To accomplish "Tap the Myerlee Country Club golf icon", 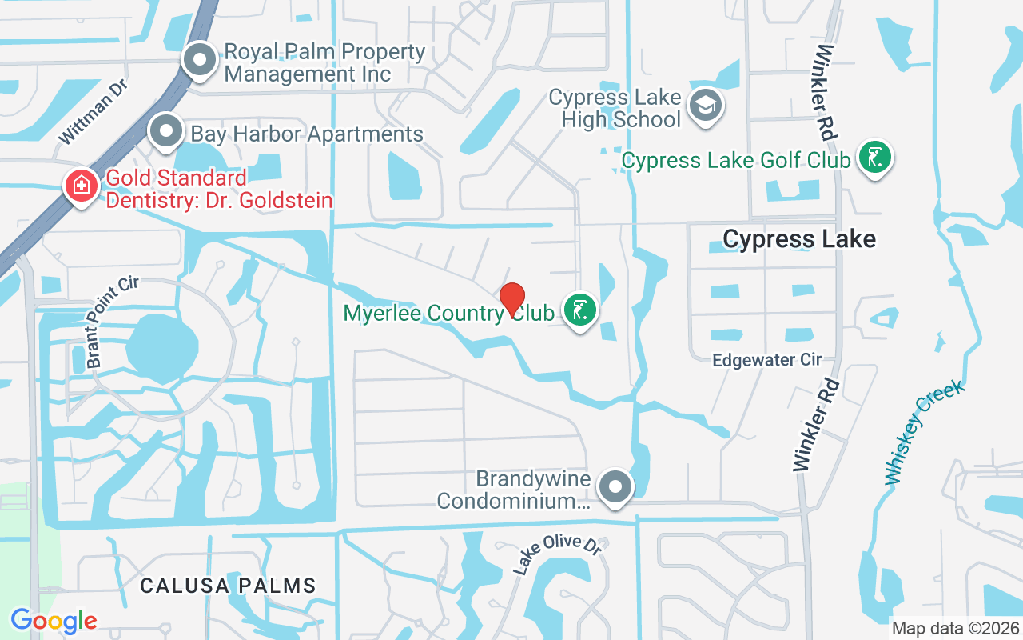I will pyautogui.click(x=580, y=310).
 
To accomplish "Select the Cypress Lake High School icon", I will pyautogui.click(x=705, y=106).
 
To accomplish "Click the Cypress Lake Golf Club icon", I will pyautogui.click(x=874, y=158).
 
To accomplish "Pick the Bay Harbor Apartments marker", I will pyautogui.click(x=166, y=131).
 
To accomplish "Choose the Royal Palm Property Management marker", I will pyautogui.click(x=199, y=61).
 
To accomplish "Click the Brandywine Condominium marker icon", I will pyautogui.click(x=615, y=486).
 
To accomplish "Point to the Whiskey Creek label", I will pyautogui.click(x=925, y=433).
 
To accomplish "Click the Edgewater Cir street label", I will pyautogui.click(x=767, y=360).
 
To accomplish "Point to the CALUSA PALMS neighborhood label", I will pyautogui.click(x=228, y=586).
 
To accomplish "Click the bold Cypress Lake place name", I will pyautogui.click(x=799, y=238).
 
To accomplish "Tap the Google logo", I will pyautogui.click(x=54, y=620).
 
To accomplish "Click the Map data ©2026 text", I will pyautogui.click(x=955, y=628).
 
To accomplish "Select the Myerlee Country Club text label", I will pyautogui.click(x=448, y=313).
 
